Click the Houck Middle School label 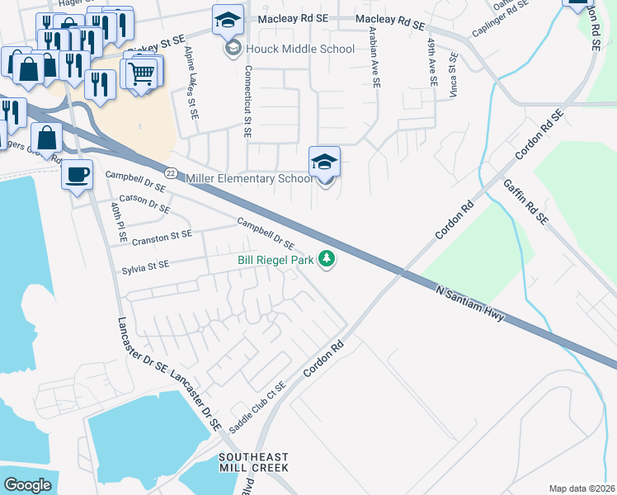click(300, 49)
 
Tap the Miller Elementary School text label click(250, 179)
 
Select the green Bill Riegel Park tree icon click(327, 259)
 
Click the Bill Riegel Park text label click(276, 260)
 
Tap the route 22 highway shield click(171, 172)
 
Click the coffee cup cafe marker click(78, 175)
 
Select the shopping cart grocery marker click(142, 73)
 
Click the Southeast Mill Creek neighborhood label click(254, 462)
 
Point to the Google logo click(27, 484)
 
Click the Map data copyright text click(582, 488)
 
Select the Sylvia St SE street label click(145, 265)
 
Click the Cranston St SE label click(162, 235)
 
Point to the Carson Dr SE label click(144, 205)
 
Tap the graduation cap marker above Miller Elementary click(324, 162)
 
